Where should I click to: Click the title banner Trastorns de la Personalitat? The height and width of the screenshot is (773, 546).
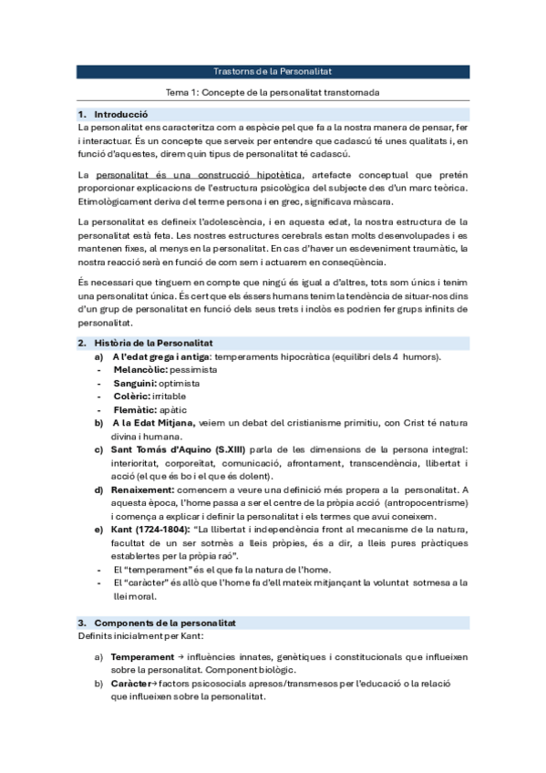point(272,70)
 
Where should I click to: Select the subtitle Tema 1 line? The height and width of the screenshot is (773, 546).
point(272,93)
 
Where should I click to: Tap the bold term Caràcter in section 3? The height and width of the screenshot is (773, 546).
point(131,683)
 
